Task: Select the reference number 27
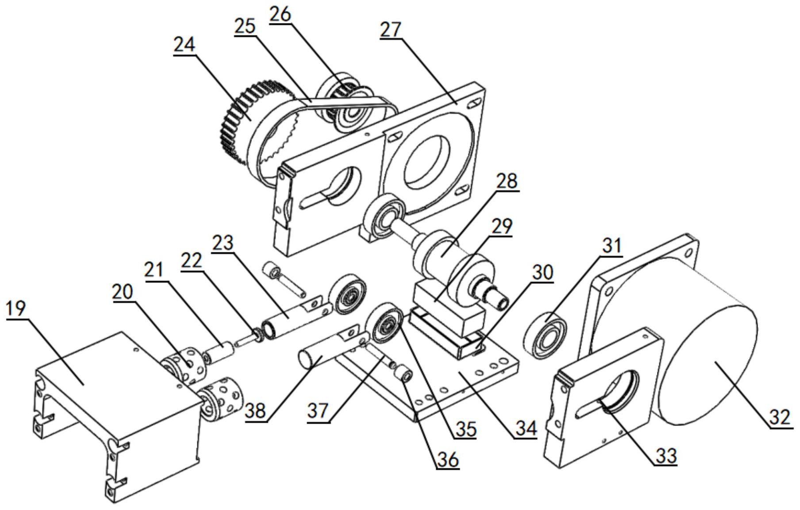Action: point(391,30)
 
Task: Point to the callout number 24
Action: point(184,45)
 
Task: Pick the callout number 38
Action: point(256,411)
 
